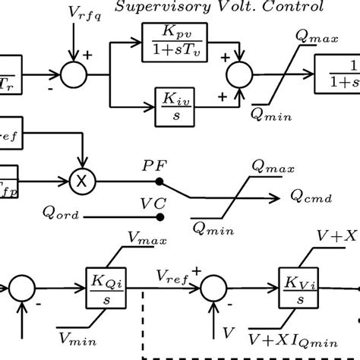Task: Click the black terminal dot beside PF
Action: pyautogui.click(x=159, y=183)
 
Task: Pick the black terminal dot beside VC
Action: pyautogui.click(x=159, y=217)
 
